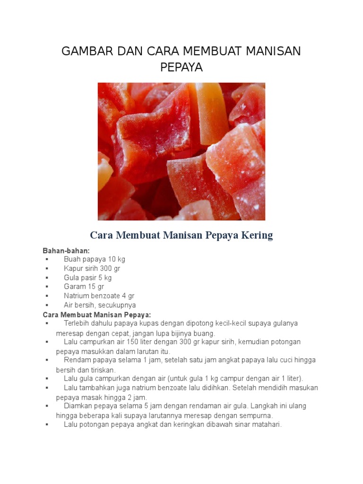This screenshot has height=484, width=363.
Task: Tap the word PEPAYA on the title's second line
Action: point(181,68)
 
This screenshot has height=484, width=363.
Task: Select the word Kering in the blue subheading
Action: point(257,235)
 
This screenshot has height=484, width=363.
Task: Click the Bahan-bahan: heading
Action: point(66,250)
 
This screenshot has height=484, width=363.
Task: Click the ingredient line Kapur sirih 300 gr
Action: point(92,268)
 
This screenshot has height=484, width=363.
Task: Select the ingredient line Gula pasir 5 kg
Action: point(88,277)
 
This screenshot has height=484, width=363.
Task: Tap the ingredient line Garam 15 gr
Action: point(84,286)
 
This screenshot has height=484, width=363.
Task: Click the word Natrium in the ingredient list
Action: point(77,296)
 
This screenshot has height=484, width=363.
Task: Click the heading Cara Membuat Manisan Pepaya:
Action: point(97,314)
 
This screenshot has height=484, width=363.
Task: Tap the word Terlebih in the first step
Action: point(77,323)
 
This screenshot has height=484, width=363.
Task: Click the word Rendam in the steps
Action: point(76,360)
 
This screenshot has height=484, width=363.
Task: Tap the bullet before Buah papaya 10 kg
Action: point(47,259)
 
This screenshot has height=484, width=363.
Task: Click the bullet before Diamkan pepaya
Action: point(47,406)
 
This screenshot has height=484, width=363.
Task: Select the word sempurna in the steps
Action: point(257,415)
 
